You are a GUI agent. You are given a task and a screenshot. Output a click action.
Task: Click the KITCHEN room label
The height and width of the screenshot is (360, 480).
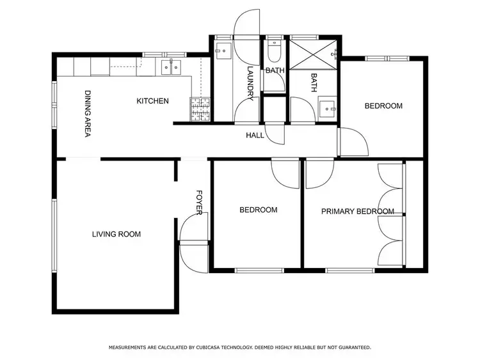click(x=152, y=101)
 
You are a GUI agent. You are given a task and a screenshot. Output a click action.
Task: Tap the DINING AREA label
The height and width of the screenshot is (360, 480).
click(x=88, y=113)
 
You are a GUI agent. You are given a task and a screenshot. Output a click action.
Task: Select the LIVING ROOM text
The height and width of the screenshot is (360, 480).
click(x=116, y=234)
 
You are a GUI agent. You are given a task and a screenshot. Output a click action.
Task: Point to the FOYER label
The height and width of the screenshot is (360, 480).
click(x=199, y=202)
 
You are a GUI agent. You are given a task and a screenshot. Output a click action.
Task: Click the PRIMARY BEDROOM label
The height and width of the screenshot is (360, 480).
click(x=357, y=212)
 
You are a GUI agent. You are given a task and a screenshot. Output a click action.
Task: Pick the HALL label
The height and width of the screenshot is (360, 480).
click(x=255, y=136)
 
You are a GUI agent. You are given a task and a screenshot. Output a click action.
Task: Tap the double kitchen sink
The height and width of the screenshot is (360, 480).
click(x=171, y=66)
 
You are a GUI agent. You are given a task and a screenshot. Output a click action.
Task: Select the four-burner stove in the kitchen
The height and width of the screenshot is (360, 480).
click(x=199, y=108)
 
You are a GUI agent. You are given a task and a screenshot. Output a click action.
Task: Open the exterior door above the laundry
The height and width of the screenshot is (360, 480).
click(x=248, y=26)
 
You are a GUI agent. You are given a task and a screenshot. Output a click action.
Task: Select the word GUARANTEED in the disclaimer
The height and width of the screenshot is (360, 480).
click(x=354, y=347)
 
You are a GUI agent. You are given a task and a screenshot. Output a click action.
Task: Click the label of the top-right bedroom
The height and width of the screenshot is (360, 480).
click(x=383, y=106)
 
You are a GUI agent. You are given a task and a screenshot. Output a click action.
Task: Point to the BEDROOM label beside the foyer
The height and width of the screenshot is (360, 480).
click(x=258, y=210)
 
